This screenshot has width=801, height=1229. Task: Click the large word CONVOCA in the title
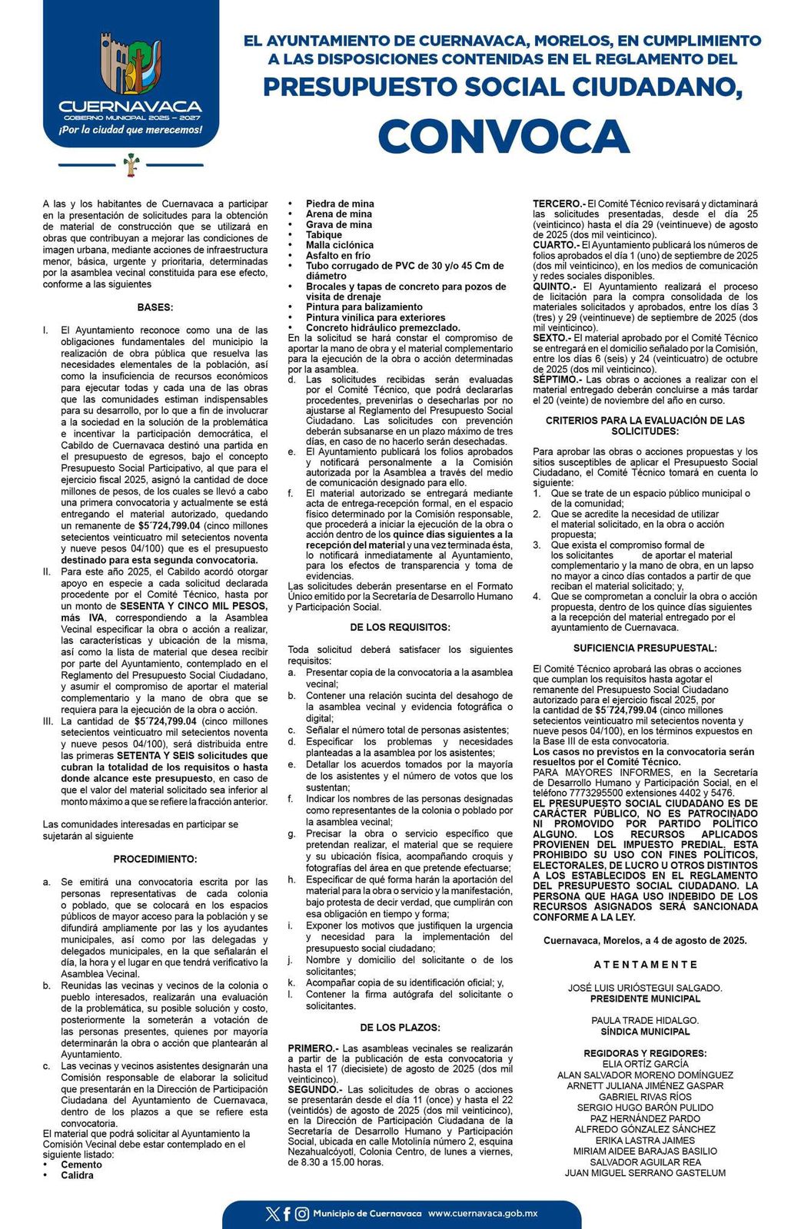pos(504,136)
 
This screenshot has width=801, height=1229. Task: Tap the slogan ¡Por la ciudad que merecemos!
pos(131,130)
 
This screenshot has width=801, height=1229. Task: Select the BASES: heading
pos(155,307)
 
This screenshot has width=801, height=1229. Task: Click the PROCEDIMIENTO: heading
pos(155,859)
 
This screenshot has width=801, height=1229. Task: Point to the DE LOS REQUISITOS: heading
pos(400,628)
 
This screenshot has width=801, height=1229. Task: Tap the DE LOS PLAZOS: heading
pos(400,1027)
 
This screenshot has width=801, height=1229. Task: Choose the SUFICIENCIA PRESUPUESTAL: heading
pos(645,648)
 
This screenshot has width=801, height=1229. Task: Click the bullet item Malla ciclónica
pos(340,245)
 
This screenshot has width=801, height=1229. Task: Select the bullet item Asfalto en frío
pos(337,256)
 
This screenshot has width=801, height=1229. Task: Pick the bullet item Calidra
pos(77,1175)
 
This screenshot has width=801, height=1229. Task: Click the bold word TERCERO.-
pos(559,204)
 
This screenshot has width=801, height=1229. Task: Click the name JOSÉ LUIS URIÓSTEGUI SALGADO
pos(645,988)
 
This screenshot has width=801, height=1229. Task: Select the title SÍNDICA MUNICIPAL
pos(645,1032)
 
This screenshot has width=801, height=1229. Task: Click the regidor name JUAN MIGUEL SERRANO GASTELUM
pos(645,1173)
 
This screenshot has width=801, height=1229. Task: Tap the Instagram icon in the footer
pos(302,1214)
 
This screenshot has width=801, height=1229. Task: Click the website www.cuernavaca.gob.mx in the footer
pos(483,1214)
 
